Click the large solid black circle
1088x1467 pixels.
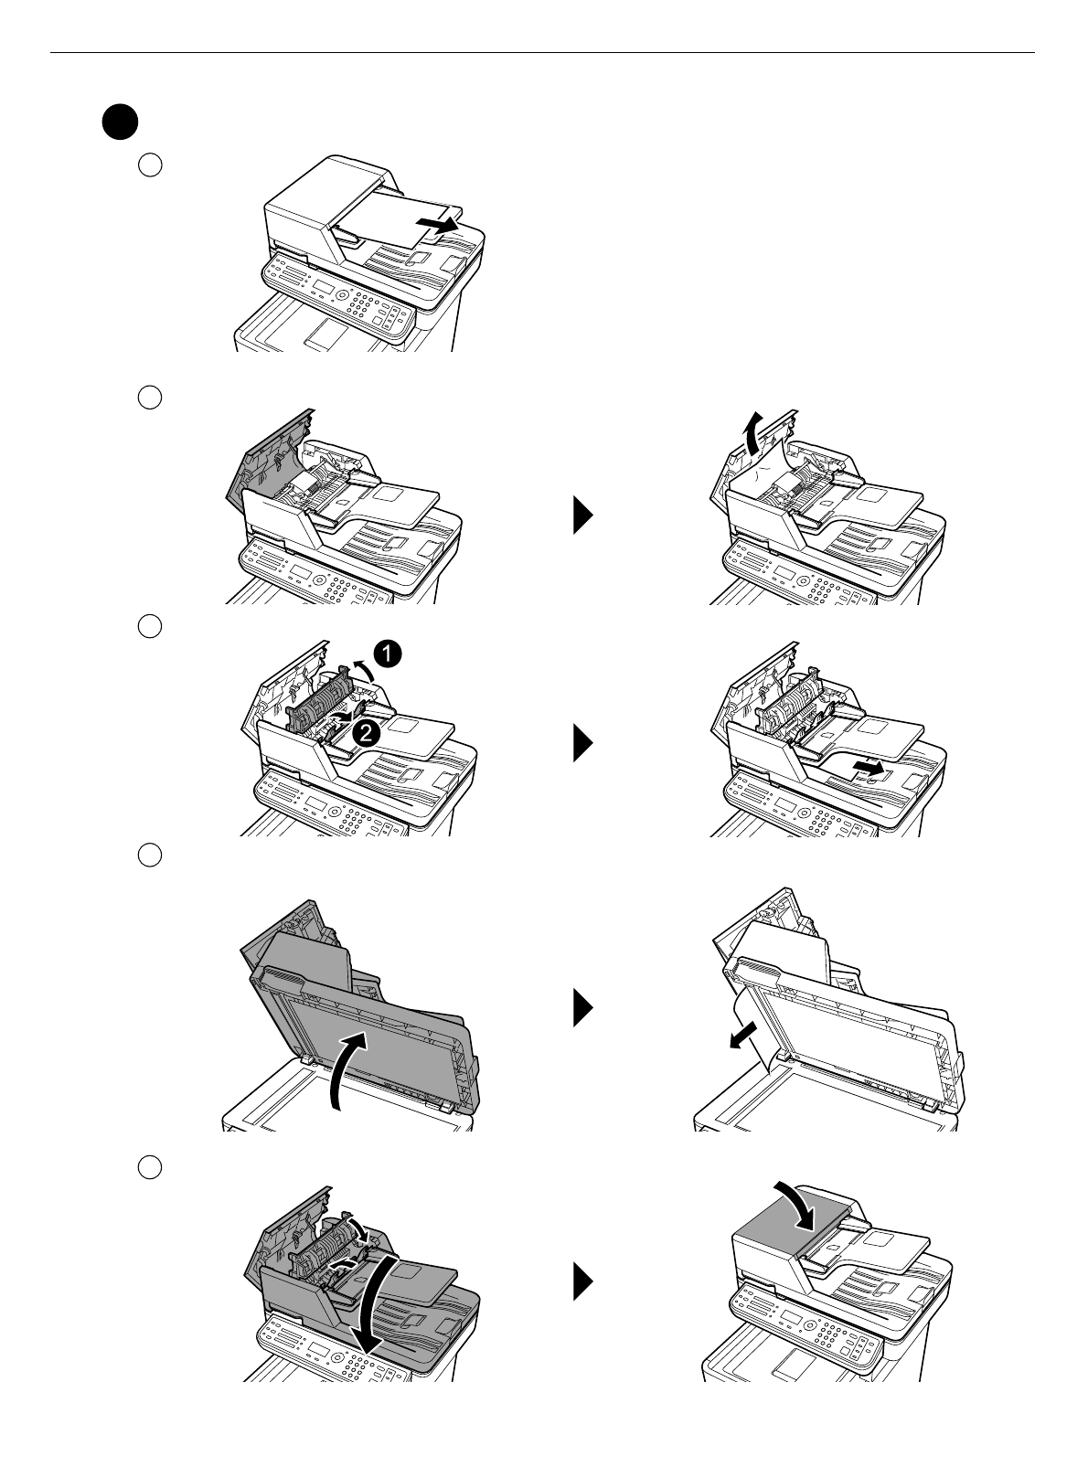coord(120,122)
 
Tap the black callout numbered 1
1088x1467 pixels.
coord(387,654)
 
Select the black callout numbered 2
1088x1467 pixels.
coord(366,733)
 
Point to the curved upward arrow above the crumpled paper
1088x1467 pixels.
coord(752,433)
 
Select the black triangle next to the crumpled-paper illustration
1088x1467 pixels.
coord(583,516)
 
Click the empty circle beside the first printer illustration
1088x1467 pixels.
coord(150,165)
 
